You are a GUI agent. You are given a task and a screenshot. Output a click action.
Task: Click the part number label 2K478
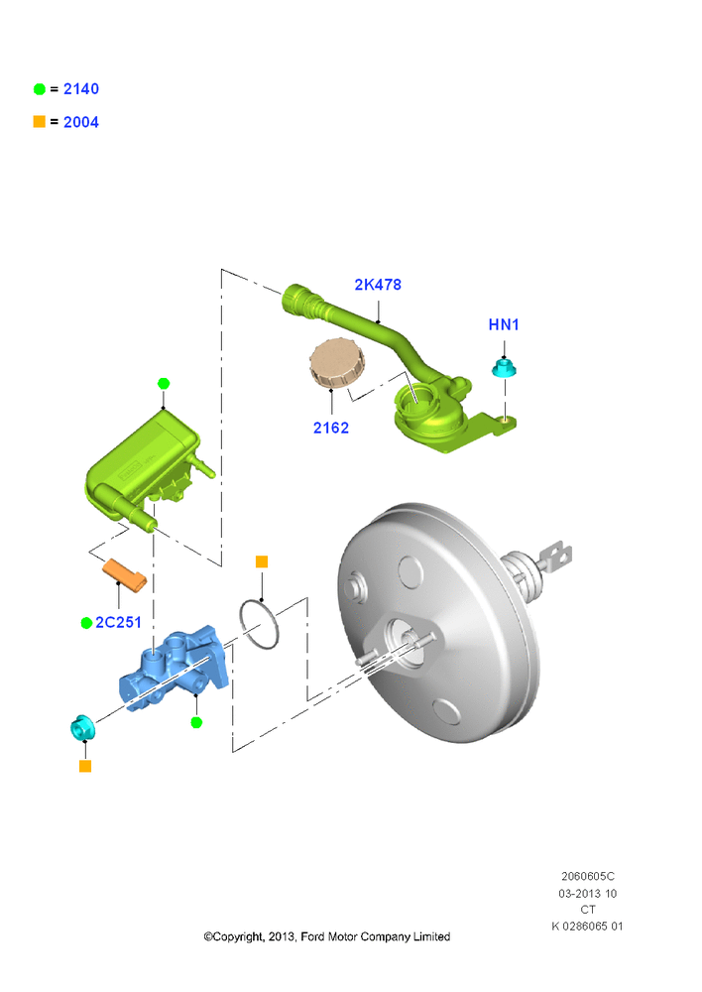click(x=378, y=285)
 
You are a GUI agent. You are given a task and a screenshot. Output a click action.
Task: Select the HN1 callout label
click(x=504, y=324)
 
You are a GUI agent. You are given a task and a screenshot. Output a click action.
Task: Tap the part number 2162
click(x=331, y=428)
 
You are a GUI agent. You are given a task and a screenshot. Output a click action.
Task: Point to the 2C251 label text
click(x=118, y=623)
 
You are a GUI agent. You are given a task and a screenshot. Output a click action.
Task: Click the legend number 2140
click(x=81, y=89)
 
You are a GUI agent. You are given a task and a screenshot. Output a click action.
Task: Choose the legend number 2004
click(x=81, y=122)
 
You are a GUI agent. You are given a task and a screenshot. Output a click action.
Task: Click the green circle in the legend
click(x=40, y=89)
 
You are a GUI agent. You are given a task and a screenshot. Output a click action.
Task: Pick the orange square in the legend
click(x=40, y=121)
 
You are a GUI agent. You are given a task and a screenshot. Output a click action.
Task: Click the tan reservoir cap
click(x=337, y=363)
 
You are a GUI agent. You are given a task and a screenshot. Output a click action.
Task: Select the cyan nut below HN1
click(x=504, y=368)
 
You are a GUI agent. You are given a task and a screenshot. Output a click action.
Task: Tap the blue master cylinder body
click(x=174, y=668)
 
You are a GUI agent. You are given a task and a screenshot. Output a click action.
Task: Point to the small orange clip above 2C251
click(x=125, y=575)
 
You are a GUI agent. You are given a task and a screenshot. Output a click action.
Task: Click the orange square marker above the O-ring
click(x=262, y=561)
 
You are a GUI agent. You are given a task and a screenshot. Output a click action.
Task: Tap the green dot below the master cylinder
click(x=196, y=722)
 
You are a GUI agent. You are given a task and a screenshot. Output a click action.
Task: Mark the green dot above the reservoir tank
click(x=164, y=383)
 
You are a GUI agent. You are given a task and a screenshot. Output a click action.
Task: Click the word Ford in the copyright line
click(x=311, y=936)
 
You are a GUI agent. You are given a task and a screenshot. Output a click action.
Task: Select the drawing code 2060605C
click(x=588, y=876)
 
